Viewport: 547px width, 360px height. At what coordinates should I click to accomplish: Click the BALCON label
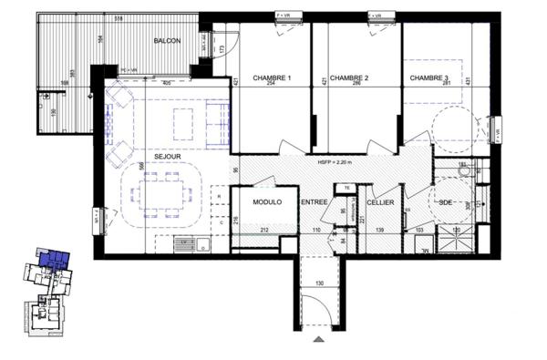coord(167,42)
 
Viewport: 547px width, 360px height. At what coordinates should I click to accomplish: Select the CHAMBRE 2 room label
coord(349,77)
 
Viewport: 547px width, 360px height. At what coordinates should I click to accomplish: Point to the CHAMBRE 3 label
coord(429,77)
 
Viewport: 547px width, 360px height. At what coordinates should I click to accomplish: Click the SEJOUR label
coord(167,156)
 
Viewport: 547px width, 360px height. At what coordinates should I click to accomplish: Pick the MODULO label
coord(267,202)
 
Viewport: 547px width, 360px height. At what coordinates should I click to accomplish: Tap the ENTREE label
coord(315,202)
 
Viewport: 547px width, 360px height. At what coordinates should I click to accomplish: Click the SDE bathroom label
coord(447,202)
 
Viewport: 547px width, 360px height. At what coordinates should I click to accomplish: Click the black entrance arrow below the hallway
coord(318,339)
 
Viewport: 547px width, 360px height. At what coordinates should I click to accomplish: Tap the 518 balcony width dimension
coord(119,17)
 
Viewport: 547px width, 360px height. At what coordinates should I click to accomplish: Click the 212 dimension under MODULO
coord(264,231)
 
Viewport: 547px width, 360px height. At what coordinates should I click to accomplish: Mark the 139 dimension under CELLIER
coord(379,231)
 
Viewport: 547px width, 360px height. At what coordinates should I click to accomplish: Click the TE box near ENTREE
coord(346,188)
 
